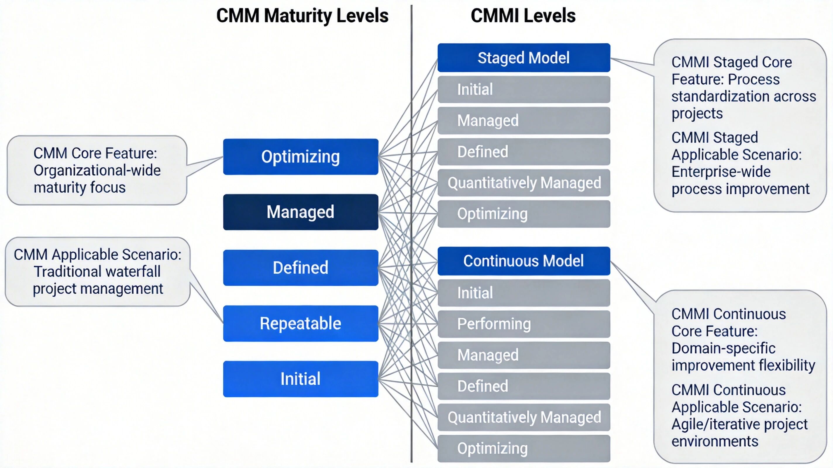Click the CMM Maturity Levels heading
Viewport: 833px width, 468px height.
[x=302, y=16]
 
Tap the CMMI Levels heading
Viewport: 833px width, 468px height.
[x=523, y=16]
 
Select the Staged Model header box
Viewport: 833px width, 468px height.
[x=524, y=58]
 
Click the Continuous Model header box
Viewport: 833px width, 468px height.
[x=524, y=261]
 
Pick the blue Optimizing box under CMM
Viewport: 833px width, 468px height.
[x=300, y=157]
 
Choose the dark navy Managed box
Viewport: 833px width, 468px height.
[x=300, y=212]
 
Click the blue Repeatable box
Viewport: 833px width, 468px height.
[x=300, y=324]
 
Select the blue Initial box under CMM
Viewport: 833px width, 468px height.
[x=300, y=379]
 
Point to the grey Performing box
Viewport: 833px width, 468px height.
[x=524, y=324]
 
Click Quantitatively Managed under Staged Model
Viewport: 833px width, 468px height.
[x=524, y=183]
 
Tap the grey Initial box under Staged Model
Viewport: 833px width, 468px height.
[x=524, y=90]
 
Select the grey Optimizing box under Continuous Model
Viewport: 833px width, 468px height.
[x=524, y=449]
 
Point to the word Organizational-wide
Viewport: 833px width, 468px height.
[x=97, y=171]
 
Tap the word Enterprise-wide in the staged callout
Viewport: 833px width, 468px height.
[x=721, y=172]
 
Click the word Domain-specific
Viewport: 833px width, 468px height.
[x=723, y=348]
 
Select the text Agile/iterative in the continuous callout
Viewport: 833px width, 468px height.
[x=708, y=424]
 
